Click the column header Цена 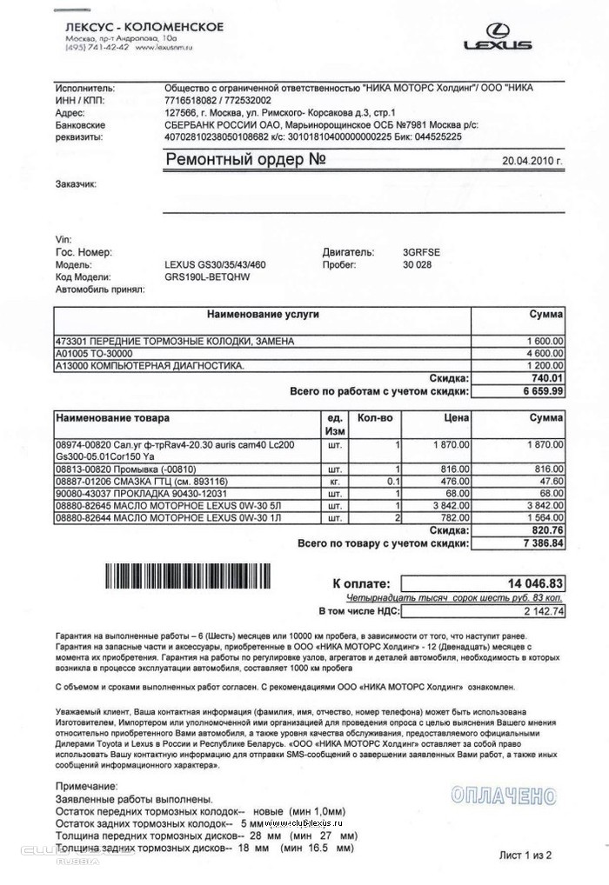tap(456, 418)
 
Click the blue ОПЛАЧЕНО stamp tap(504, 795)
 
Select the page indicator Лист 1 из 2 tap(525, 855)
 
